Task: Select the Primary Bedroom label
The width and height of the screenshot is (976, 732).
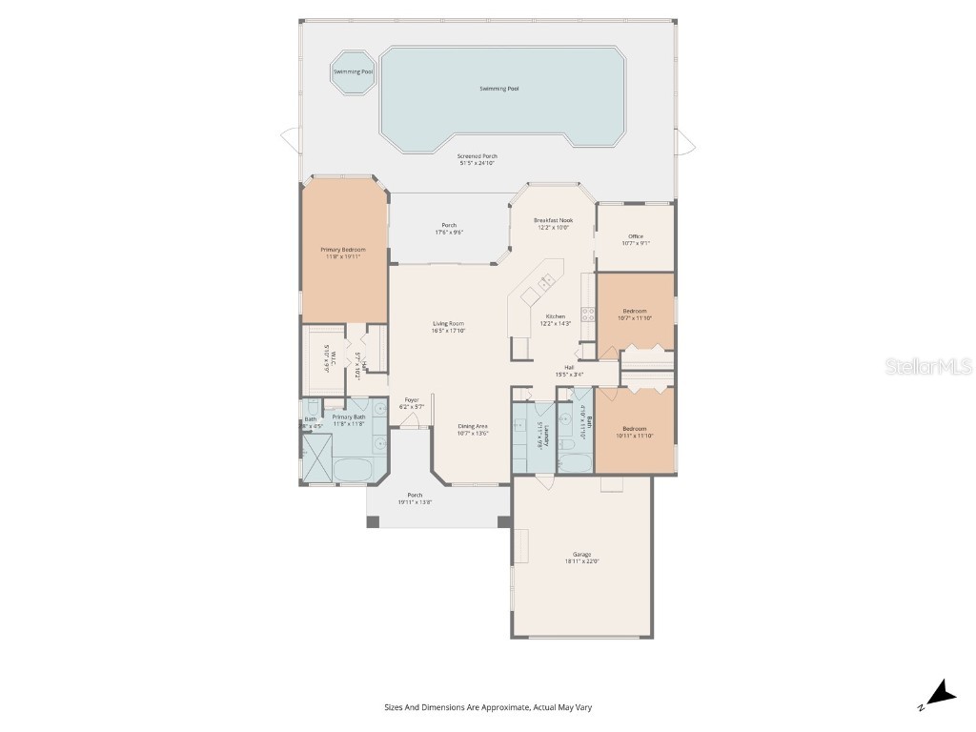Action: [342, 250]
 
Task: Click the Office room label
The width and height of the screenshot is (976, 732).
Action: [635, 236]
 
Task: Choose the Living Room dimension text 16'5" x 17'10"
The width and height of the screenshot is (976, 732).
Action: [448, 331]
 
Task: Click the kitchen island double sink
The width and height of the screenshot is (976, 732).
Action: [546, 282]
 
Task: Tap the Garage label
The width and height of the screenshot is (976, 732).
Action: [581, 554]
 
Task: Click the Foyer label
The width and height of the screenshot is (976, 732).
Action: [412, 399]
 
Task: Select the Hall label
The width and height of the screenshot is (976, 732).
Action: [569, 367]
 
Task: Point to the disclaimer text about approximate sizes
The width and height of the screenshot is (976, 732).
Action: [488, 707]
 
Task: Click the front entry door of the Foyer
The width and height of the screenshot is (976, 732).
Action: [412, 428]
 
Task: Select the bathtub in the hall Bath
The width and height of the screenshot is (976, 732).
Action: [576, 463]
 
